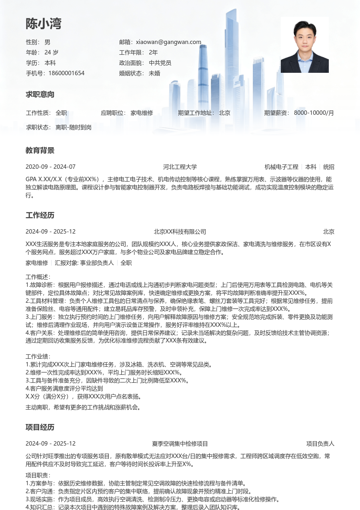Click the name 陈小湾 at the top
[44, 24]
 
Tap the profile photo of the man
[304, 45]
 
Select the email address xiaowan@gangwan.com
[168, 42]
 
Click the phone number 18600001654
[66, 73]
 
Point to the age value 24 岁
[51, 52]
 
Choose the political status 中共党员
[160, 63]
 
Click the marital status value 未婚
[154, 73]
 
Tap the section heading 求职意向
[40, 95]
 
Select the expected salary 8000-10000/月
[314, 113]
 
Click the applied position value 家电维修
[142, 113]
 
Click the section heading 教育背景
[40, 151]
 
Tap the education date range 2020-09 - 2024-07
[50, 167]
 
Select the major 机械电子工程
[282, 167]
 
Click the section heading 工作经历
[40, 216]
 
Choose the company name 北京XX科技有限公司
[180, 232]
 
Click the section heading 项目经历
[40, 428]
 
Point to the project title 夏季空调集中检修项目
[180, 444]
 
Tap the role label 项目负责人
[320, 444]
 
